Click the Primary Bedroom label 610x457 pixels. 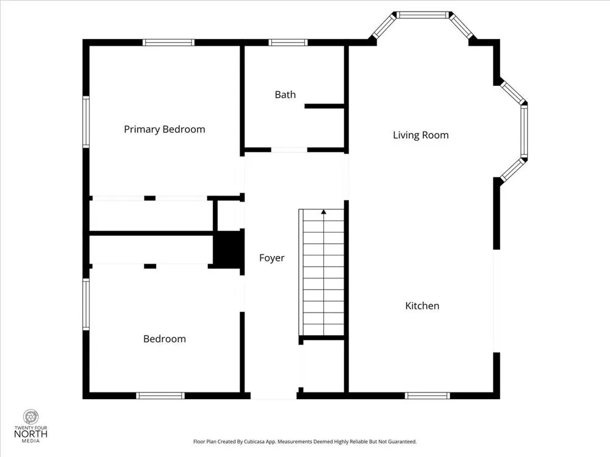tap(164, 129)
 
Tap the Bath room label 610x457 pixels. tap(285, 94)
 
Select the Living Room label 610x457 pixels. tap(420, 135)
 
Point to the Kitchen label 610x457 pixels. tap(422, 306)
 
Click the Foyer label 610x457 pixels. tap(271, 258)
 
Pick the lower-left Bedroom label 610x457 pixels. tap(165, 339)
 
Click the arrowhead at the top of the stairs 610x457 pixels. tap(324, 212)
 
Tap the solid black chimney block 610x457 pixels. tap(229, 249)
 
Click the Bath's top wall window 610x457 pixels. tap(288, 43)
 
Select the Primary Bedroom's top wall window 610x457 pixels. tap(168, 43)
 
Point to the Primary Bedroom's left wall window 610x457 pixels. tap(86, 122)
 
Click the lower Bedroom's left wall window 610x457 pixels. tap(86, 304)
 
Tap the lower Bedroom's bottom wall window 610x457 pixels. tap(160, 395)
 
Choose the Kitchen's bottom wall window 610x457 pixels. tap(427, 395)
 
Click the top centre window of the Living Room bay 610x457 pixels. tap(423, 15)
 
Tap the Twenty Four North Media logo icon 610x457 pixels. tap(30, 417)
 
